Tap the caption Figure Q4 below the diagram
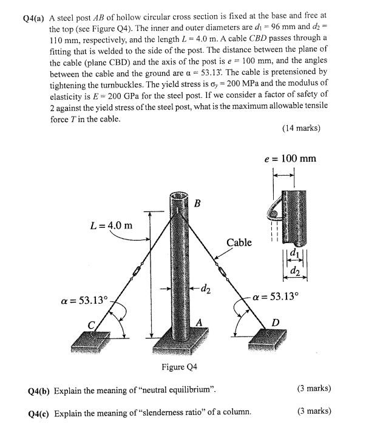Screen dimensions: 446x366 180,366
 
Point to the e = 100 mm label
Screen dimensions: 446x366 291,159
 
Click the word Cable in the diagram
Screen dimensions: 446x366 239,242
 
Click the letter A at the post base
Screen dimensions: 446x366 198,323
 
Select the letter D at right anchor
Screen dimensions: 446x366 274,322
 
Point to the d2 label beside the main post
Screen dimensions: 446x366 206,287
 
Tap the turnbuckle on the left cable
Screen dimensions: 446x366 138,267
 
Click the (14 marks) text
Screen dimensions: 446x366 302,128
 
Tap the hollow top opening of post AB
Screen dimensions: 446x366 178,197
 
